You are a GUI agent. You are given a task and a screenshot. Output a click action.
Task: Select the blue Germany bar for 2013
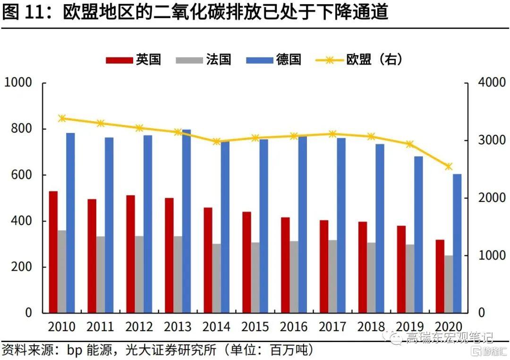[x=187, y=221]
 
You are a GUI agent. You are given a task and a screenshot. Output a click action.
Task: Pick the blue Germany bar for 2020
[x=457, y=243]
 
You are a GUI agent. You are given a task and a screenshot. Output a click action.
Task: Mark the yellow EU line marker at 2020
[x=449, y=167]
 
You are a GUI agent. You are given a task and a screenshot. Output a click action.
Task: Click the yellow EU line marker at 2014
[x=216, y=141]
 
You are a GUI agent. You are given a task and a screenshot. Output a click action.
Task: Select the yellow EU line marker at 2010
[x=62, y=118]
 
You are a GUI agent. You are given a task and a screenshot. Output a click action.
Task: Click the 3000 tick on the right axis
[x=491, y=141]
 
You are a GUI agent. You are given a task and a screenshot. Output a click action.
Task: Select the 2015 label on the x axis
[x=255, y=327]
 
